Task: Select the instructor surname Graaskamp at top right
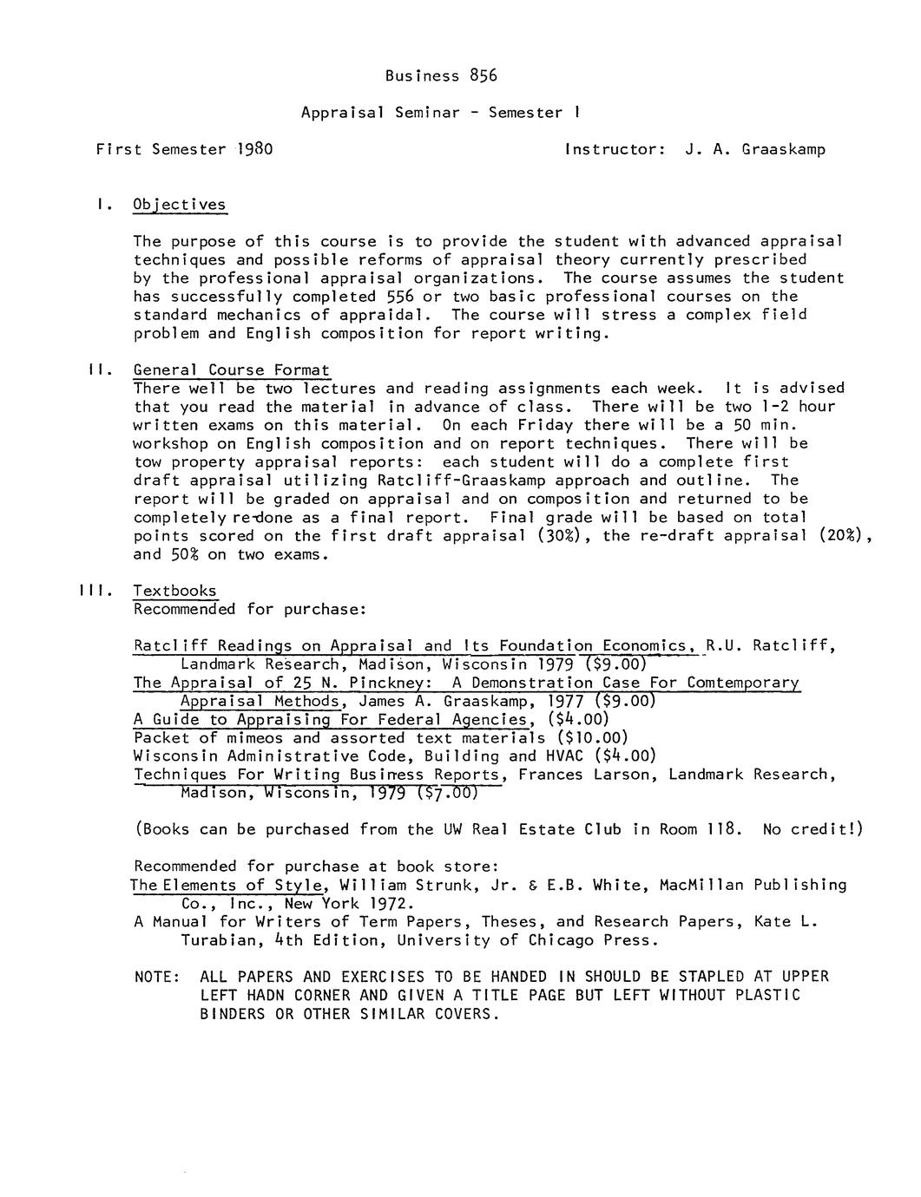click(784, 149)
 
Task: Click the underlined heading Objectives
click(180, 205)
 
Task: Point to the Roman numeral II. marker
click(97, 370)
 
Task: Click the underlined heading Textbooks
click(174, 591)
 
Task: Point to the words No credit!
click(812, 829)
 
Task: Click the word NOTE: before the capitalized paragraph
click(157, 977)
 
